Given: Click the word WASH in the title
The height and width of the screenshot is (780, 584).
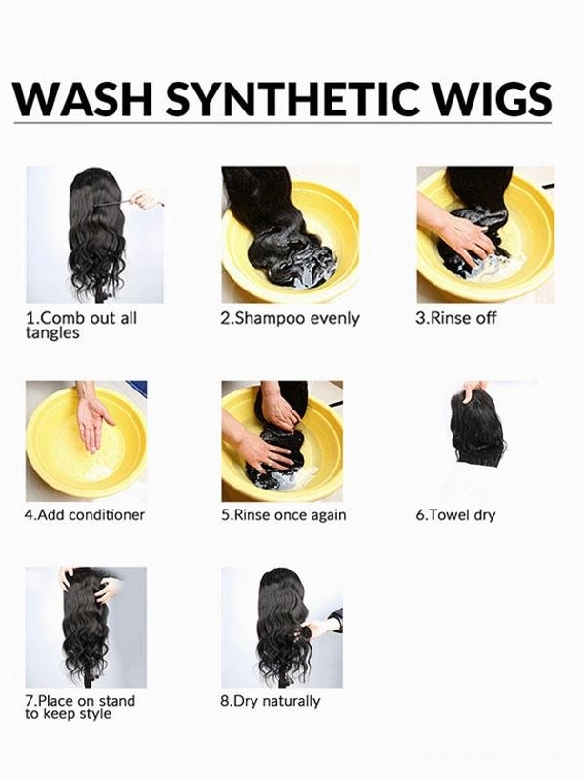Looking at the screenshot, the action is [82, 98].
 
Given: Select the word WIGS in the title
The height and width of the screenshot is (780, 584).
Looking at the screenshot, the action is [487, 98].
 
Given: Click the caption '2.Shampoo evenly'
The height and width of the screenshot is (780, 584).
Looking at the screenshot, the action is [290, 319].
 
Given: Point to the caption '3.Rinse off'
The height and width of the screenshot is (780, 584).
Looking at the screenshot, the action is [455, 317].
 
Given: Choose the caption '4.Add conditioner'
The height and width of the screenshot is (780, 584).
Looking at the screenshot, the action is [85, 514].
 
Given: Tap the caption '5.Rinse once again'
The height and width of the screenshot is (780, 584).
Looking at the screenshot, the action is [284, 515].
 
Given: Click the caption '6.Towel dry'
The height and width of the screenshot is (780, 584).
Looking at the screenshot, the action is [455, 515].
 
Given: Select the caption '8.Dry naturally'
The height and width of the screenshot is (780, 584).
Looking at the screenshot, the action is [271, 701].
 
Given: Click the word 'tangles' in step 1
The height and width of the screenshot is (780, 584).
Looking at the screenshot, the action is [52, 332].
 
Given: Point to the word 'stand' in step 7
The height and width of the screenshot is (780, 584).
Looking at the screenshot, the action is [117, 700].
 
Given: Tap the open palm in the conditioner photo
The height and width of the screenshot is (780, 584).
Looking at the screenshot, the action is [94, 423].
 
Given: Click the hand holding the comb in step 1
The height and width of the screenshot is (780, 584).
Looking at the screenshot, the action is [144, 199].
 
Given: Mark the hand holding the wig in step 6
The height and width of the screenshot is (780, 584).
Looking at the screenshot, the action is [473, 391].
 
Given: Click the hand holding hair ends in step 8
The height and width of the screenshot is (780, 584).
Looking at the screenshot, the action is [319, 625].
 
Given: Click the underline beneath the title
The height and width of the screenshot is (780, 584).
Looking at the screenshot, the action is [283, 121].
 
